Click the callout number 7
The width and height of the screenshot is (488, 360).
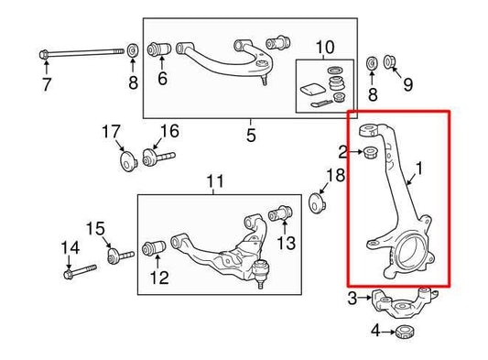click(47, 84)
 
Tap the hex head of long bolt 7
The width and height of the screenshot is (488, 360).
click(44, 55)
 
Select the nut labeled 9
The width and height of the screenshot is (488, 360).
click(388, 61)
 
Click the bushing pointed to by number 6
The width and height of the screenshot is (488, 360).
click(159, 49)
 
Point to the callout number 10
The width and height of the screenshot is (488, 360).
click(325, 48)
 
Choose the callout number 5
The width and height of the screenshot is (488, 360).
click(251, 136)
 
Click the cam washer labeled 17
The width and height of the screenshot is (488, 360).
click(127, 160)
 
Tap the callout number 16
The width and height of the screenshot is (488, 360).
click(169, 131)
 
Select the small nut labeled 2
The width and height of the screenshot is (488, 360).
click(371, 152)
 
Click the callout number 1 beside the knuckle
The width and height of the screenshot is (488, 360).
click(419, 169)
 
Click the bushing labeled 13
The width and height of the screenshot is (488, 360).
click(280, 213)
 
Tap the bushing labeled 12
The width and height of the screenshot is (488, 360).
click(154, 248)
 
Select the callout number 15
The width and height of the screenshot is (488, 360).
click(95, 229)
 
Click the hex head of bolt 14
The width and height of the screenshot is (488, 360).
click(69, 276)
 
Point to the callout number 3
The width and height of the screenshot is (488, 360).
click(352, 299)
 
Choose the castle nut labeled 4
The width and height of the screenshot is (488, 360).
click(405, 333)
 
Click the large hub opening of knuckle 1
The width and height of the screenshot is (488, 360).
click(410, 250)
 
